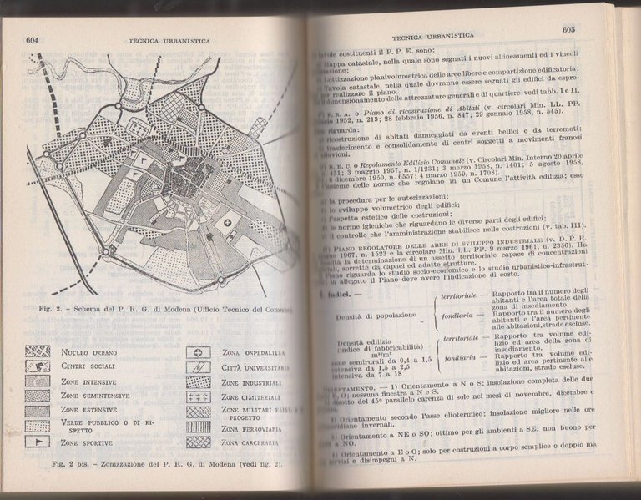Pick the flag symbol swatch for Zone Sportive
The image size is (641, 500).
tap(38, 441)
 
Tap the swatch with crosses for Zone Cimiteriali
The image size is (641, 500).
tap(198, 397)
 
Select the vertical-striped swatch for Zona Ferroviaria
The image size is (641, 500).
tap(198, 427)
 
